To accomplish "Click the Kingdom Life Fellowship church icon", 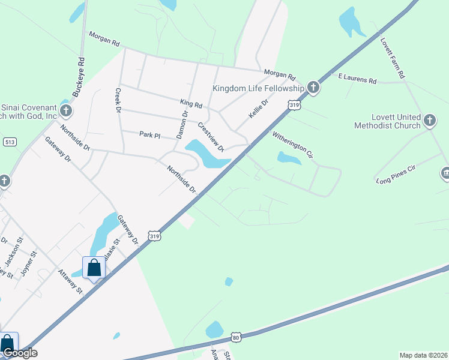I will pyautogui.click(x=313, y=88).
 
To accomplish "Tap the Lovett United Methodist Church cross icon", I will pyautogui.click(x=429, y=121).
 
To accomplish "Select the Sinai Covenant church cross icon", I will pyautogui.click(x=66, y=111).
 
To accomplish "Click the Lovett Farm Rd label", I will pyautogui.click(x=393, y=59).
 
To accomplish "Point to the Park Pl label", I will pyautogui.click(x=149, y=135).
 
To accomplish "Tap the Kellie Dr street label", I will pyautogui.click(x=259, y=110).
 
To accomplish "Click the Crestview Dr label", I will pyautogui.click(x=211, y=136).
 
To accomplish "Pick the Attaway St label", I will pyautogui.click(x=70, y=280).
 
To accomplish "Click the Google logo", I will pyautogui.click(x=20, y=353).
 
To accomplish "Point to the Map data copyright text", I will pyautogui.click(x=423, y=355).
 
